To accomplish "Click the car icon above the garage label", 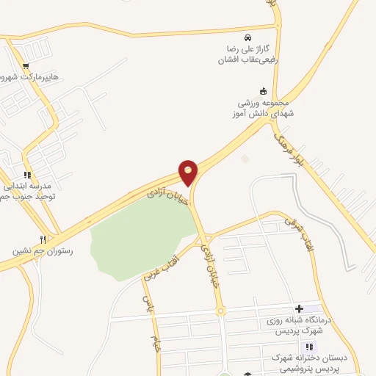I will (248, 37).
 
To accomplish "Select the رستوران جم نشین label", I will (42, 250).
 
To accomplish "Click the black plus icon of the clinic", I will (298, 309).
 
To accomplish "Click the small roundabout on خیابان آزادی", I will (220, 312).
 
